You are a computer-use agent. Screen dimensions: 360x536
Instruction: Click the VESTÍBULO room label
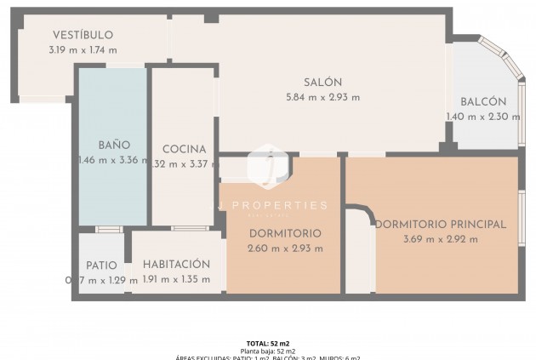pos(83,35)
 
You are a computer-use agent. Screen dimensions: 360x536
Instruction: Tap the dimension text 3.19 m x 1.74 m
pos(83,49)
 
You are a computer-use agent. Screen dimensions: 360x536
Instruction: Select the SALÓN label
pos(323,83)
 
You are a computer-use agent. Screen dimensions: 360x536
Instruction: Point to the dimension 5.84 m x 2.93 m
pos(323,97)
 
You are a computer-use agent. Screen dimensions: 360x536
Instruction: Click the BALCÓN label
pos(483,101)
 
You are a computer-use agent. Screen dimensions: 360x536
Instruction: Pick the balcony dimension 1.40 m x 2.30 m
pos(483,117)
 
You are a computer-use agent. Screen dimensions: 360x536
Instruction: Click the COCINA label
pos(184,149)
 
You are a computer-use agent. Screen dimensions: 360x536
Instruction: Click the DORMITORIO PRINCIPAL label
pos(441,225)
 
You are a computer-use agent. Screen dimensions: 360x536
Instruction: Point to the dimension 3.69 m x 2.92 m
pos(441,239)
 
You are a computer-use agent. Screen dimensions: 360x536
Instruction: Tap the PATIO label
pos(101,266)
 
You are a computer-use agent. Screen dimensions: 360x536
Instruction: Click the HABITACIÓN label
pos(176,264)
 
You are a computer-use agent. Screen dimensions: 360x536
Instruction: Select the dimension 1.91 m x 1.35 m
pos(176,278)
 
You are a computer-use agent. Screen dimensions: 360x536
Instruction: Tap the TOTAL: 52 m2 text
pos(268,343)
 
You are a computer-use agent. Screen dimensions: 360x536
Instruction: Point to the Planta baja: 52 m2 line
pos(268,351)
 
